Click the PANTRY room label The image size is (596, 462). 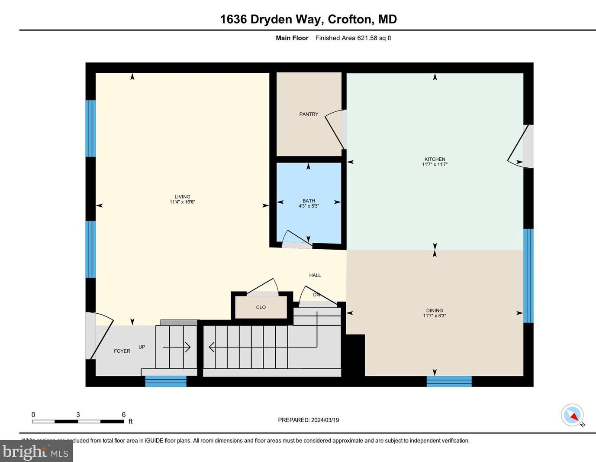(309, 114)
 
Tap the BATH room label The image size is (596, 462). (309, 201)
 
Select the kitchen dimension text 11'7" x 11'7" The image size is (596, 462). (435, 165)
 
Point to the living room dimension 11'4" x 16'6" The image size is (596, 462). (182, 202)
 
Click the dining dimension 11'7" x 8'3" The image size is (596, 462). (435, 316)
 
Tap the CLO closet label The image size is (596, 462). (261, 307)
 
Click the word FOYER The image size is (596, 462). (122, 351)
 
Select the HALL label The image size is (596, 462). (315, 275)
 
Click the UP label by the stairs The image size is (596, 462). (142, 347)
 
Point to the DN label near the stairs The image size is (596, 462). (316, 295)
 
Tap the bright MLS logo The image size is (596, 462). (36, 452)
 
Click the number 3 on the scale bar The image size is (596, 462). (78, 415)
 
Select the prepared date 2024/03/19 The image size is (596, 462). (325, 420)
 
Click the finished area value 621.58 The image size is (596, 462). (367, 38)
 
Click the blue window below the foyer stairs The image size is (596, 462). (166, 381)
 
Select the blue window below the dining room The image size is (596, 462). (449, 381)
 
